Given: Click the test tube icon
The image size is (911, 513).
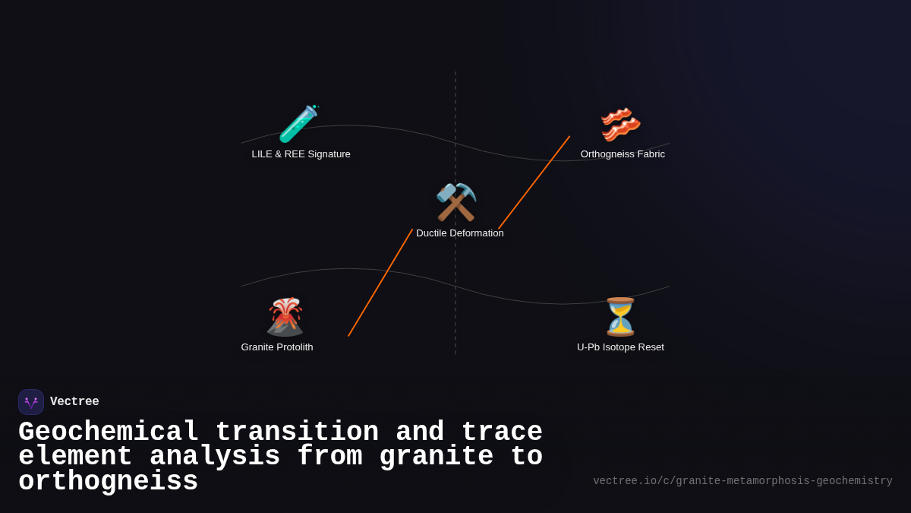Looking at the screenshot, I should point(298,123).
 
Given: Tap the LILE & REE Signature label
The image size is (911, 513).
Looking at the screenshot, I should point(301,154).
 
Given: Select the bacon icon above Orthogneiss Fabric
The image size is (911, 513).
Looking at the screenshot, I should point(620,124).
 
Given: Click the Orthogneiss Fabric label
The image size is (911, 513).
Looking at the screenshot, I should point(623,154).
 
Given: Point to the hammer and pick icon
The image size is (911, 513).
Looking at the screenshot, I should point(455,202).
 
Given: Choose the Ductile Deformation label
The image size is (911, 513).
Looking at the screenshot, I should point(459,233).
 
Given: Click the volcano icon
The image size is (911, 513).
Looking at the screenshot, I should point(285,317).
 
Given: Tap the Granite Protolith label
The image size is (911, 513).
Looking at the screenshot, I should point(277,347).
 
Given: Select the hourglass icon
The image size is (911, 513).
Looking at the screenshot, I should point(620,317).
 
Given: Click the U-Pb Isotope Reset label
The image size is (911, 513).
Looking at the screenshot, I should point(620,347).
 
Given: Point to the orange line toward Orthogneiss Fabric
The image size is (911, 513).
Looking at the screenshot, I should point(534,182).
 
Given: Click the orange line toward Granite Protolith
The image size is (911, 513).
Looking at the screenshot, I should point(380,283).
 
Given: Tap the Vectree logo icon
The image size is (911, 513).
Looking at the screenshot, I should point(31,402).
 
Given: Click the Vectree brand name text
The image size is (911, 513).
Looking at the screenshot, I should point(74,402).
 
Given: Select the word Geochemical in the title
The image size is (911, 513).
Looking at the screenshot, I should point(108,432).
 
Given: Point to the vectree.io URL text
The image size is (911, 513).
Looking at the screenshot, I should point(742,481).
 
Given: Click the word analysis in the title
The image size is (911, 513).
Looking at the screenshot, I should point(215,457).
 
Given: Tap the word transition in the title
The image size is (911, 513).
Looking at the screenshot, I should point(297,432).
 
